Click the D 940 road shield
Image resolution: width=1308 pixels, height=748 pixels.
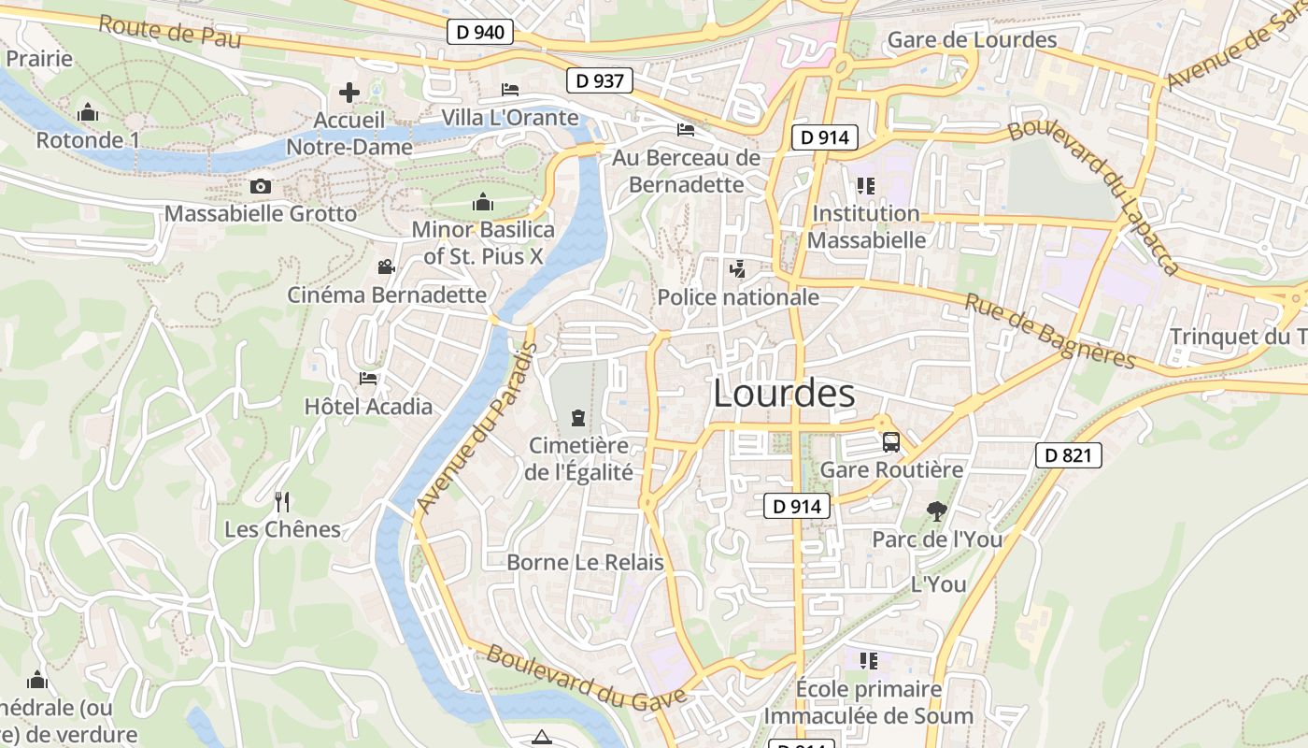point(480,33)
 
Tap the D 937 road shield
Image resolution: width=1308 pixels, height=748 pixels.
point(599,81)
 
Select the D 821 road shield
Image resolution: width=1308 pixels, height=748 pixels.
point(1069,456)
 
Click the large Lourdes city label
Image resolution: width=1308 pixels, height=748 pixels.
point(784,394)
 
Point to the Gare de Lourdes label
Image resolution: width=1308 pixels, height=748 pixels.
point(972,40)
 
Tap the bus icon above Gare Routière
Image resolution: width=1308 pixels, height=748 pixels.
point(890,442)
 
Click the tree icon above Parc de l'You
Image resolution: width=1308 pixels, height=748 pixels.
point(936,511)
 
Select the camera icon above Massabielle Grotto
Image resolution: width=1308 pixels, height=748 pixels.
point(261,187)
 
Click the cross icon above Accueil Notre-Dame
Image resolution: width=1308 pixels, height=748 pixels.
point(349,93)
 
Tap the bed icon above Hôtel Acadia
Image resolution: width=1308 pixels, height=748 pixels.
point(368,379)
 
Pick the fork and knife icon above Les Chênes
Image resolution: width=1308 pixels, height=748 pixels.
point(282,502)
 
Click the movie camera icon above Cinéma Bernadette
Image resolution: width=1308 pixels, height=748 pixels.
point(386,267)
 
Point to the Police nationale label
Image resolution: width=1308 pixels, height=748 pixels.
point(738,297)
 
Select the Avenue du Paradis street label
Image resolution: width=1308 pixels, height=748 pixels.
point(476,427)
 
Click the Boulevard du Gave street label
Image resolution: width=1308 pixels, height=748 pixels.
point(587,678)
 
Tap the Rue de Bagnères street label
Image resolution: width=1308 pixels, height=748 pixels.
point(1049,332)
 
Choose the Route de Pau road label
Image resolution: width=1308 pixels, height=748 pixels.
point(169,32)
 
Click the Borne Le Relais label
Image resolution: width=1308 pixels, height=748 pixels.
point(585,563)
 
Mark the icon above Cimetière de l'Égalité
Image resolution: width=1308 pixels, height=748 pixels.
point(577,417)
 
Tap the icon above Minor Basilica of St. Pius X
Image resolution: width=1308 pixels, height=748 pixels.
point(482,201)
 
